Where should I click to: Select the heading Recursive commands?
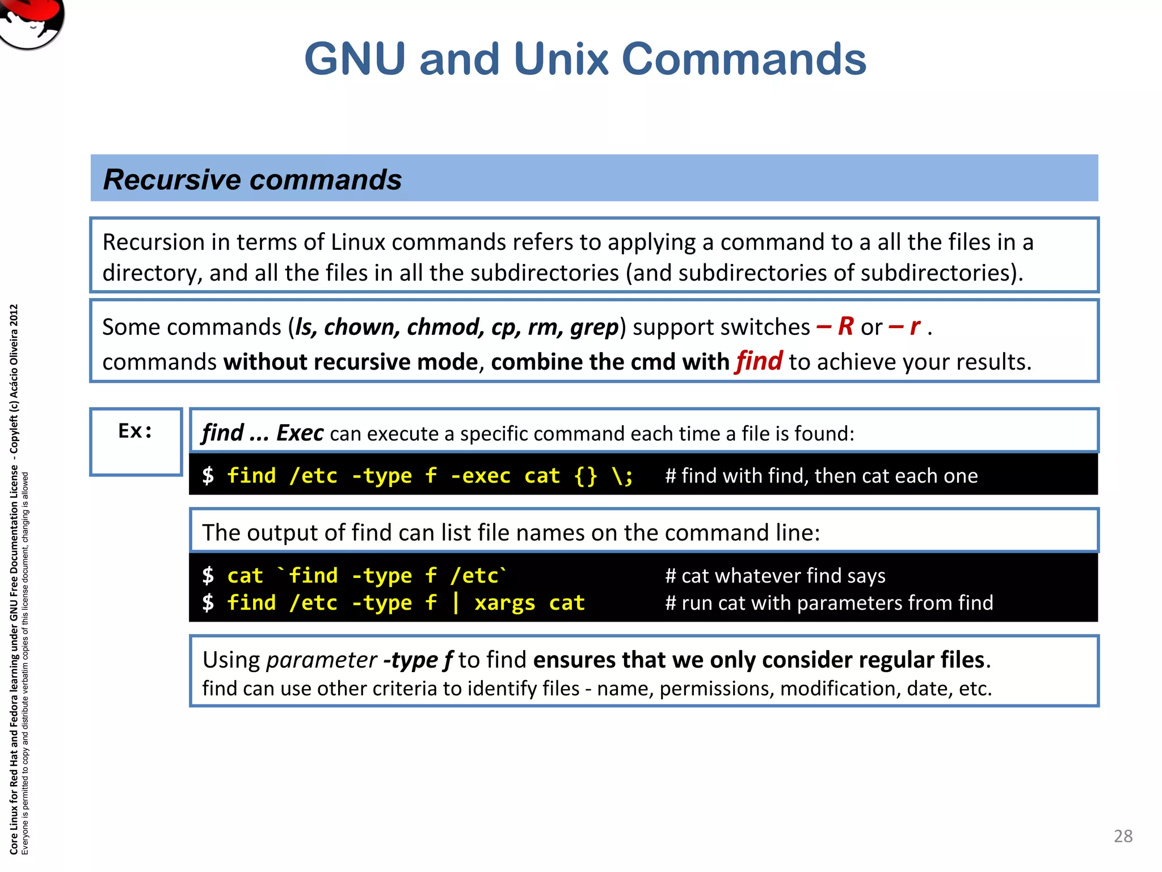252,179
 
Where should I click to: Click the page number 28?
1123,836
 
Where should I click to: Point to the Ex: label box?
136,441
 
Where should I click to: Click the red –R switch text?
835,326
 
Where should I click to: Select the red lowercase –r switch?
904,326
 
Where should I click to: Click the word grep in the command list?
594,327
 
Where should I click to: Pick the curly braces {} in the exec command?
586,476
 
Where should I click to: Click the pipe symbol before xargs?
456,602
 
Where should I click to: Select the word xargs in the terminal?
504,603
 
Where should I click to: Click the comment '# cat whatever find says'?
775,576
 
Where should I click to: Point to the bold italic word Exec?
300,433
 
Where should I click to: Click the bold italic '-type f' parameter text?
418,660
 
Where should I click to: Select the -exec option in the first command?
480,476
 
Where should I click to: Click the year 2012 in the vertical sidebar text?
14,316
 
